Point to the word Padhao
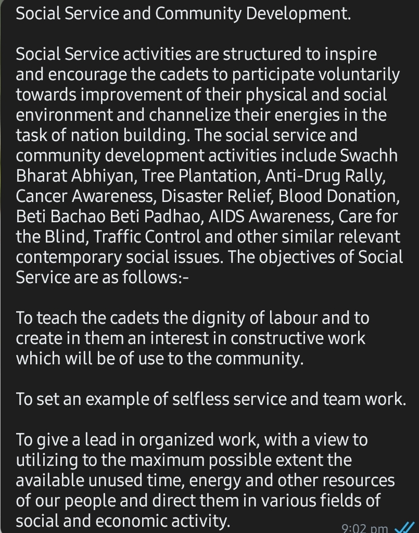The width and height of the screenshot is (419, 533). tap(171, 217)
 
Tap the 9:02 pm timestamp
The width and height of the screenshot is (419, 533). tap(365, 528)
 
